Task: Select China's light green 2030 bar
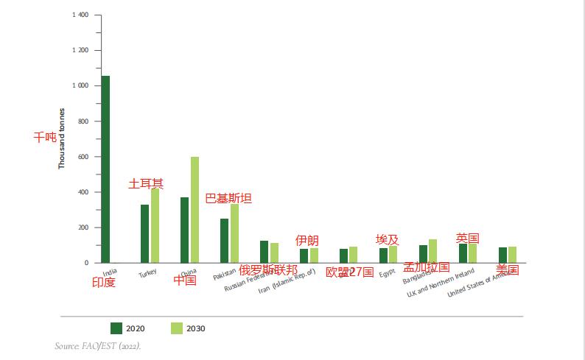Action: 195,210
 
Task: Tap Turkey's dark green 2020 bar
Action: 145,233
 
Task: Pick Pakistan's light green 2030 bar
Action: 234,233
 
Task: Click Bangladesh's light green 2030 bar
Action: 433,251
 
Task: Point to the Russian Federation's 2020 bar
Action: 264,252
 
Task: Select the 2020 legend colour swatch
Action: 116,328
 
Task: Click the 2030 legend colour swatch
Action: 176,328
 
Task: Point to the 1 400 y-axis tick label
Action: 81,15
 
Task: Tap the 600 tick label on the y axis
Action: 83,157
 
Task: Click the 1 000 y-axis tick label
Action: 81,86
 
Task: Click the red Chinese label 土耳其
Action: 146,183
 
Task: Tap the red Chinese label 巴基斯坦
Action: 228,198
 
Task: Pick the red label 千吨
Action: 45,137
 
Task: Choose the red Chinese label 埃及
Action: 387,240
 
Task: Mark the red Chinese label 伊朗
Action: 306,241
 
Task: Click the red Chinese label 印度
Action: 104,282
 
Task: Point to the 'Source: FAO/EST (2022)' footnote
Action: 97,346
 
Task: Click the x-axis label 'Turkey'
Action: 148,274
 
